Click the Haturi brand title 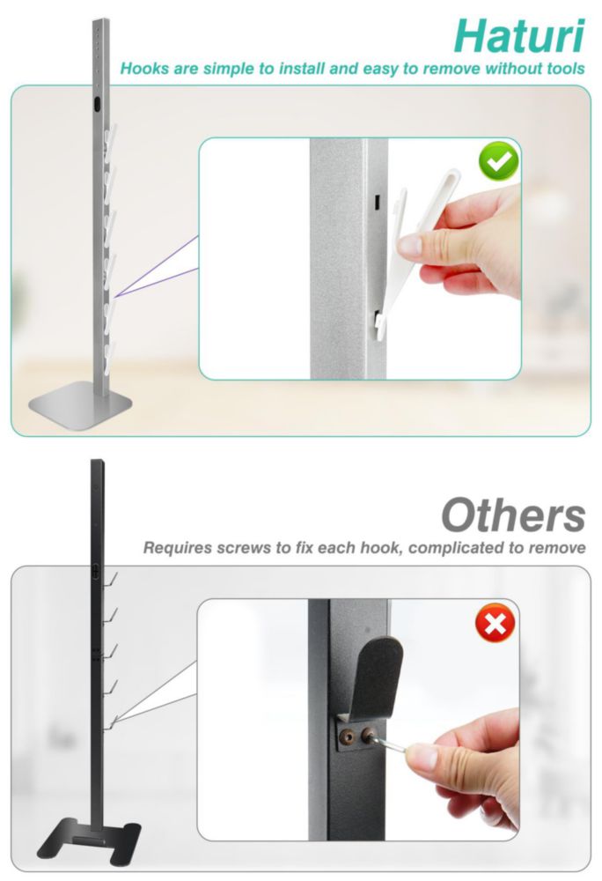[x=519, y=36]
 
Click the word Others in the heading [x=513, y=515]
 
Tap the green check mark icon [x=498, y=162]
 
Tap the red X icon [x=495, y=623]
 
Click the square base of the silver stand [x=80, y=404]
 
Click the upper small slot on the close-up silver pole [x=378, y=201]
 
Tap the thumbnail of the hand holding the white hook [x=360, y=258]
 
